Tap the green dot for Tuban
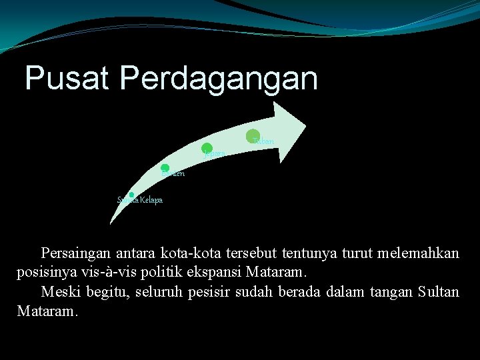click(x=253, y=135)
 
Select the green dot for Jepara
click(x=207, y=148)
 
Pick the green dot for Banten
click(x=165, y=169)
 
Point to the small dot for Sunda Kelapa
click(x=131, y=195)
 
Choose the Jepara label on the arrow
click(x=215, y=154)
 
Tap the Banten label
click(x=173, y=174)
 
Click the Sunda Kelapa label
click(x=140, y=200)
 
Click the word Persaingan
click(x=76, y=254)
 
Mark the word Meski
click(x=59, y=291)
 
